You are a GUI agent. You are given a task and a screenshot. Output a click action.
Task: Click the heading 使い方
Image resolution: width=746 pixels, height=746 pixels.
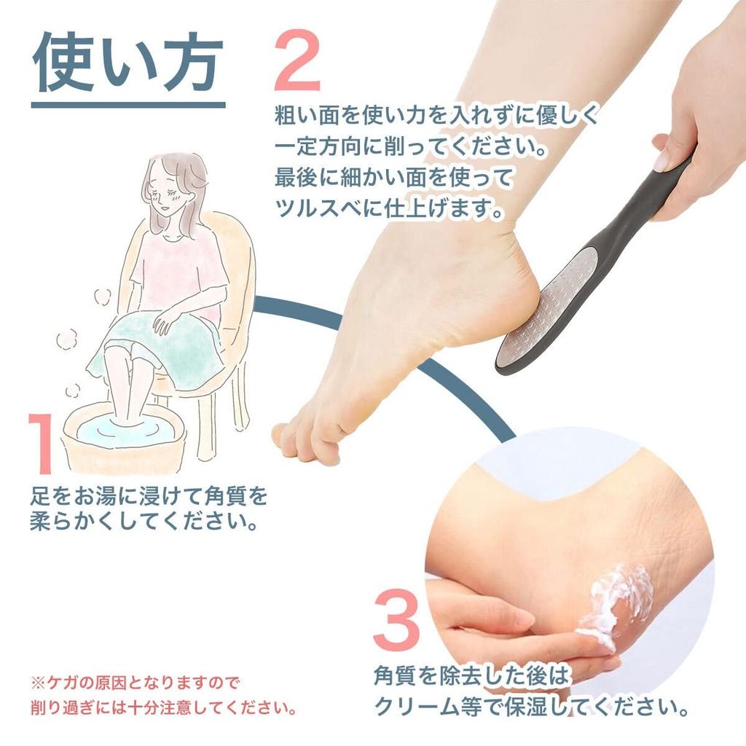127,63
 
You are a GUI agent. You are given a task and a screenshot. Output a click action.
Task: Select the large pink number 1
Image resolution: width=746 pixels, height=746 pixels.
42,443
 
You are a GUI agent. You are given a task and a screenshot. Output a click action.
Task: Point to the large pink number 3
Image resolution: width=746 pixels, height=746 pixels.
396,620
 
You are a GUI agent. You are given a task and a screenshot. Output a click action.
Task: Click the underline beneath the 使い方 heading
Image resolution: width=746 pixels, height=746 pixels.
128,105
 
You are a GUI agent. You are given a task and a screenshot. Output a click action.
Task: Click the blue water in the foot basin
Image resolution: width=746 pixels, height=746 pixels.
125,430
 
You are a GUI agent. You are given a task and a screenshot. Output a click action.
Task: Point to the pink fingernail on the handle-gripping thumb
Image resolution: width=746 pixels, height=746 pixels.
661,162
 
